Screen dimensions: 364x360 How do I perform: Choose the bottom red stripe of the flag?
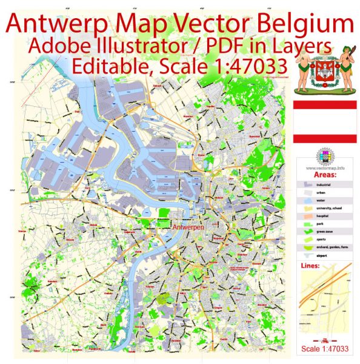[325, 138]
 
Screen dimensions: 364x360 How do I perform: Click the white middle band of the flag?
[325, 122]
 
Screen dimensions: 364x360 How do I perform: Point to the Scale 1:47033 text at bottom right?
[325, 348]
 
